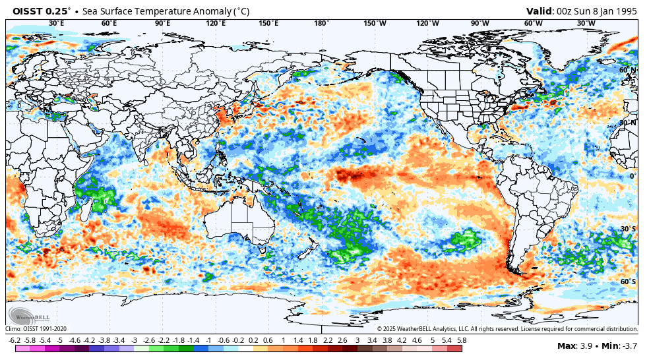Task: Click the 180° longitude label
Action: click(321, 23)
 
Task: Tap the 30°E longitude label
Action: click(57, 23)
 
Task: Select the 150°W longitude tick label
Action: click(375, 23)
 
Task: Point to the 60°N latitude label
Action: click(627, 70)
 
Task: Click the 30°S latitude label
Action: click(627, 229)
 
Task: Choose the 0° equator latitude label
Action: click(632, 176)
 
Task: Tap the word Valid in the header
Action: click(540, 11)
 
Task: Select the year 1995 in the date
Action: click(625, 11)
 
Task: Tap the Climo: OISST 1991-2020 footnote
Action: click(36, 328)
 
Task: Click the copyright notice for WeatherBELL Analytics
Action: click(507, 328)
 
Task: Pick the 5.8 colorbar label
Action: click(462, 340)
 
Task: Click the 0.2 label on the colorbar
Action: click(253, 340)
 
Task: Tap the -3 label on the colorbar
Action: click(134, 340)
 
